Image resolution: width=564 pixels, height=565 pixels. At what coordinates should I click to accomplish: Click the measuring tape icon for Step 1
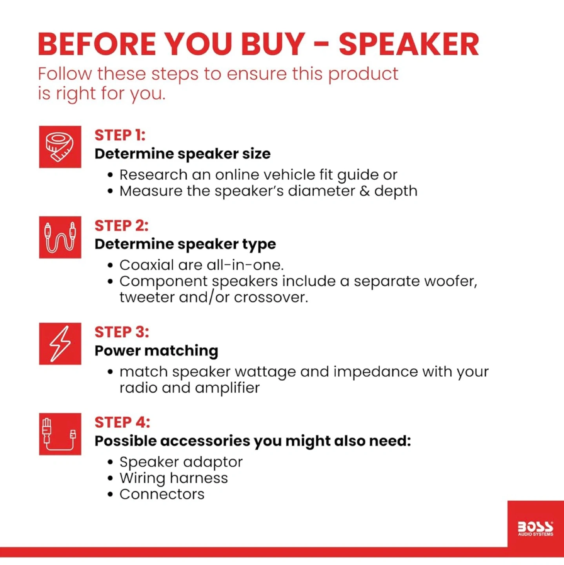click(60, 147)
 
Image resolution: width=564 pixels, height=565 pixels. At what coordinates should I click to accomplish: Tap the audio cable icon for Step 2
click(60, 237)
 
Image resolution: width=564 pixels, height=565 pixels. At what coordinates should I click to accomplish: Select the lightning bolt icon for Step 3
click(60, 344)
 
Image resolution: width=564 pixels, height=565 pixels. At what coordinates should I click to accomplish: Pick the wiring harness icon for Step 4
click(60, 434)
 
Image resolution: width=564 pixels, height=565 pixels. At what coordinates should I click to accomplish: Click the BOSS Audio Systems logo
click(536, 529)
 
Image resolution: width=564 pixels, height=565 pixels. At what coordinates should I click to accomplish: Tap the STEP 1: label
click(120, 135)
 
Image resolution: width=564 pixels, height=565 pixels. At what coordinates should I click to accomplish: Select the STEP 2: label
click(121, 226)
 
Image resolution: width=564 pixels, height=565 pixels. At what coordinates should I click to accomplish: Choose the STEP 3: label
click(122, 332)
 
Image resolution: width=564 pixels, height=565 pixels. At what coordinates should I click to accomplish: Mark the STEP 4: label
click(122, 422)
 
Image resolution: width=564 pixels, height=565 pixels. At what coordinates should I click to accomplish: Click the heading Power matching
click(156, 351)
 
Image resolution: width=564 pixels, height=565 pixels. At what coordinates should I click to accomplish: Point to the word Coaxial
click(147, 265)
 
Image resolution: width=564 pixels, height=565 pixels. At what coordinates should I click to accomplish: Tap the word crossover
click(271, 297)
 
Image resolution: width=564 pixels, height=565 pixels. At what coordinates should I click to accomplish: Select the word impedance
click(375, 372)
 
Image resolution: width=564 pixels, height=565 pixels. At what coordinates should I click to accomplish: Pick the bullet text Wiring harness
click(173, 478)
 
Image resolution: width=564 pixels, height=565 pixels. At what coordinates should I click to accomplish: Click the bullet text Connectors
click(162, 494)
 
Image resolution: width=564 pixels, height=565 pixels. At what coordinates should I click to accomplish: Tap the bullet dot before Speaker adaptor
click(110, 462)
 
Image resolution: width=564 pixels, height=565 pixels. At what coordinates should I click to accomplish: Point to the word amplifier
click(227, 388)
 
